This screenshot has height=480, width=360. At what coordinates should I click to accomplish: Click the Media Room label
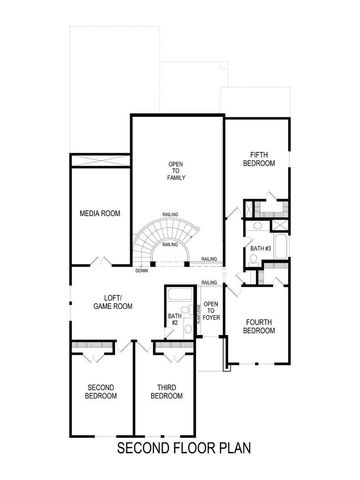(x=100, y=213)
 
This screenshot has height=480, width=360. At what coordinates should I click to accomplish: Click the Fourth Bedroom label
(x=259, y=326)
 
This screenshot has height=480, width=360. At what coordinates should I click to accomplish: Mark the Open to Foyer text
(x=211, y=312)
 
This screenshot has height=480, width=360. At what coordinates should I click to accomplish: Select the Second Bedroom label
(x=99, y=392)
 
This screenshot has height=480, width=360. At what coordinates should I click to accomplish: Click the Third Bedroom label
(x=166, y=392)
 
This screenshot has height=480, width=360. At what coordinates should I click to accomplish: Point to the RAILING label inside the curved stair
(x=171, y=244)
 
